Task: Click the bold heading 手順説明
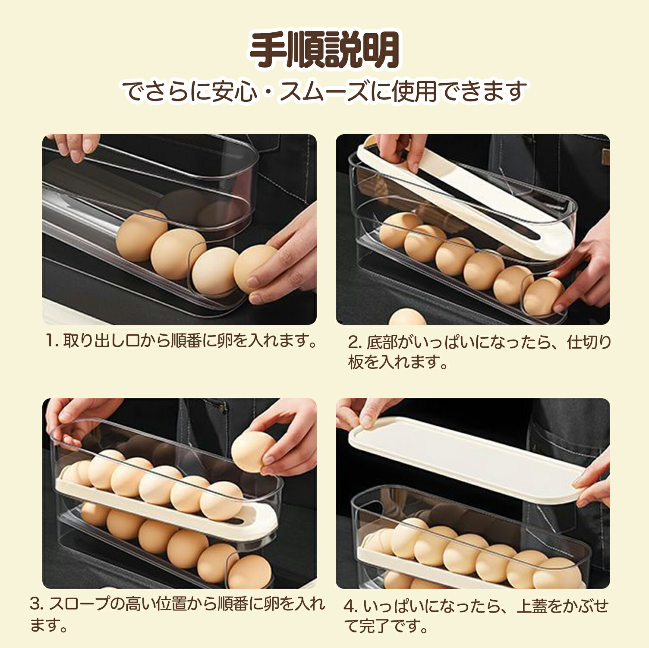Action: pyautogui.click(x=324, y=50)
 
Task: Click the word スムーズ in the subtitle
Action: pyautogui.click(x=326, y=91)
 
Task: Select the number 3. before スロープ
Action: pyautogui.click(x=37, y=604)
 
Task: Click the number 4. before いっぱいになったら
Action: pyautogui.click(x=351, y=607)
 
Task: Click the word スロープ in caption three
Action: pyautogui.click(x=77, y=604)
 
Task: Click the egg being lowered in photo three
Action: pyautogui.click(x=253, y=453)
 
